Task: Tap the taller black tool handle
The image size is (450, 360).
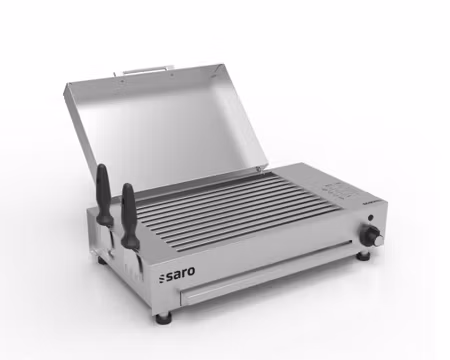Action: pos(103,189)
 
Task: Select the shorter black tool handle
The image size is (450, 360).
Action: pos(129,206)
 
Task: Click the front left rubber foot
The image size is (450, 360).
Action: pos(163,317)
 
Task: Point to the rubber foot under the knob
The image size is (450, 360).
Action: pos(364,256)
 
